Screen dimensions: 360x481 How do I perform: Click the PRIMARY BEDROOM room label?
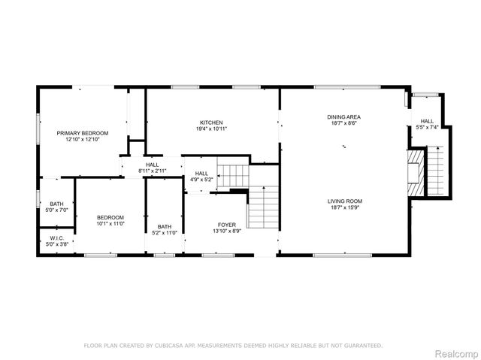(x=83, y=133)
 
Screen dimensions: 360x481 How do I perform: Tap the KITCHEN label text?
(x=211, y=123)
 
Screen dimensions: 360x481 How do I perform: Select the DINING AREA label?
(x=344, y=116)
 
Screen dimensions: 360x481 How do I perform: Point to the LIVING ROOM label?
(x=344, y=201)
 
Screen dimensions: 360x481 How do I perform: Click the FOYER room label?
(x=226, y=223)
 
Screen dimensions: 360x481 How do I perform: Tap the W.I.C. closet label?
(x=56, y=237)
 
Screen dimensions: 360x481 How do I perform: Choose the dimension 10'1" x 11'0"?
(x=110, y=224)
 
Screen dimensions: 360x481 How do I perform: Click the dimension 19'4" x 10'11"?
(x=211, y=129)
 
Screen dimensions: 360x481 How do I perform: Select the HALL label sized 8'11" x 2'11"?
(x=152, y=165)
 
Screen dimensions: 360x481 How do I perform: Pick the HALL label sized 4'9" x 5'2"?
(x=201, y=174)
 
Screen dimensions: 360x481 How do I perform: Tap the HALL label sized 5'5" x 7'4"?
(x=427, y=121)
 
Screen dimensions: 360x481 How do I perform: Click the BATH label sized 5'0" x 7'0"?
(x=56, y=204)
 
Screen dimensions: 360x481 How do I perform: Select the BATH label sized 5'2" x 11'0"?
(x=165, y=227)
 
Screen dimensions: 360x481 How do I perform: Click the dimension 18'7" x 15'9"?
(x=344, y=207)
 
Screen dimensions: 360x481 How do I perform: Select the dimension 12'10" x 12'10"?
(x=83, y=140)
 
